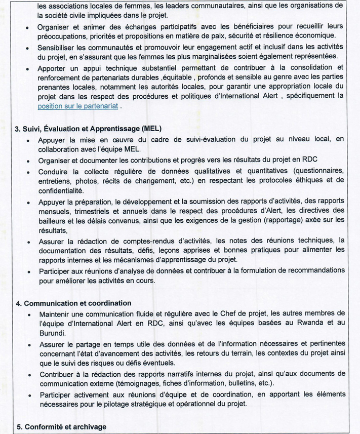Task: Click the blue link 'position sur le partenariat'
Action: [77, 106]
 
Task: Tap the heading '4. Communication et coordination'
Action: [73, 303]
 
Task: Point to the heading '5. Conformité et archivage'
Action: [61, 427]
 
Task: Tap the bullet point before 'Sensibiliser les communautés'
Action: [26, 47]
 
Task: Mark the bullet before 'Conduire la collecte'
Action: [26, 171]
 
